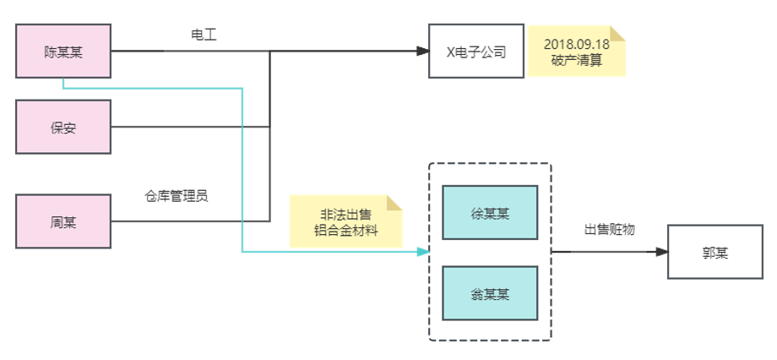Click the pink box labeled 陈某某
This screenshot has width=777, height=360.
point(63,52)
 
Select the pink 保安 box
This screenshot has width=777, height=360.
point(63,127)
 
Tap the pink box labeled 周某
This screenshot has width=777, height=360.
point(63,221)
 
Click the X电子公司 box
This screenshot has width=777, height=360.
point(475,52)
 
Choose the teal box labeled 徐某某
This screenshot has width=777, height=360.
point(490,213)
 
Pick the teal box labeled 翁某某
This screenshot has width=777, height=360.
point(490,293)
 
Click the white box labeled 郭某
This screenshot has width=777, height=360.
point(715,252)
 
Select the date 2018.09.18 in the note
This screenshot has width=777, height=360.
point(577,44)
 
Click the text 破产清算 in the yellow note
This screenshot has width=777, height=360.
point(577,60)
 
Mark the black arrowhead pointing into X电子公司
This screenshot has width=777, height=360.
point(422,52)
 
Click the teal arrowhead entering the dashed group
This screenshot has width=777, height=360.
point(423,252)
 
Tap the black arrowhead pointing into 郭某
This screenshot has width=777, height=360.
point(661,252)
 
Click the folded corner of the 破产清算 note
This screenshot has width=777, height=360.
point(618,33)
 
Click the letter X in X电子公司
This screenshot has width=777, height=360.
point(450,52)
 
